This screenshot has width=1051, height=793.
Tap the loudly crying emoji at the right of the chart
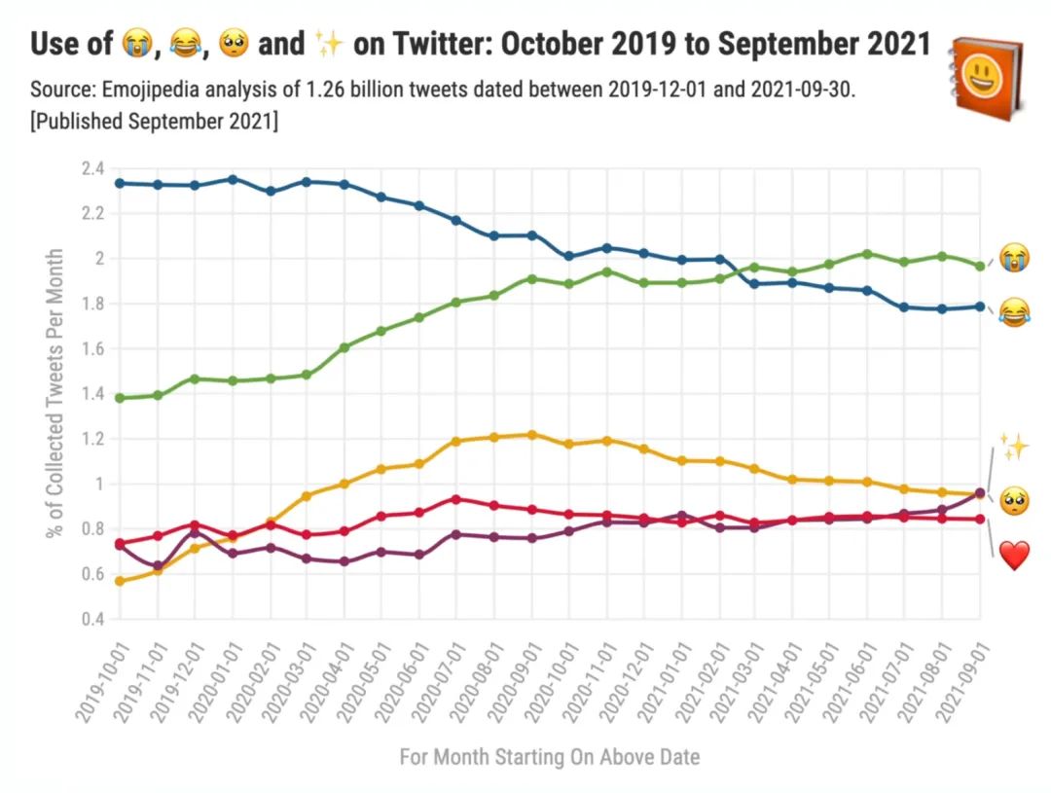click(1014, 257)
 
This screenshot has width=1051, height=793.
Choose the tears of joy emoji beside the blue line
click(1014, 313)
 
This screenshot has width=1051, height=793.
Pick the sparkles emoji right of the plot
click(1014, 448)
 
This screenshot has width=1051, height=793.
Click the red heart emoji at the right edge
click(1014, 557)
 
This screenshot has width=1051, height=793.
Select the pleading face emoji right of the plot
click(1014, 502)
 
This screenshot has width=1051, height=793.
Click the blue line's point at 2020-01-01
click(233, 179)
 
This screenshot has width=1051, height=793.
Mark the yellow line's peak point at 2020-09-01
click(531, 434)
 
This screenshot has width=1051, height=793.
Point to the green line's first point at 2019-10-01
click(120, 398)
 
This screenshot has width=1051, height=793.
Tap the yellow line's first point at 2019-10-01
click(120, 581)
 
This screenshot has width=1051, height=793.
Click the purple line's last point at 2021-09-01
click(980, 493)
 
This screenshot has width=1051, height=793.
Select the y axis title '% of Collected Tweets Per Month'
click(55, 394)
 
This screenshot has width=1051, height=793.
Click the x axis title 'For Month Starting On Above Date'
click(549, 757)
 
